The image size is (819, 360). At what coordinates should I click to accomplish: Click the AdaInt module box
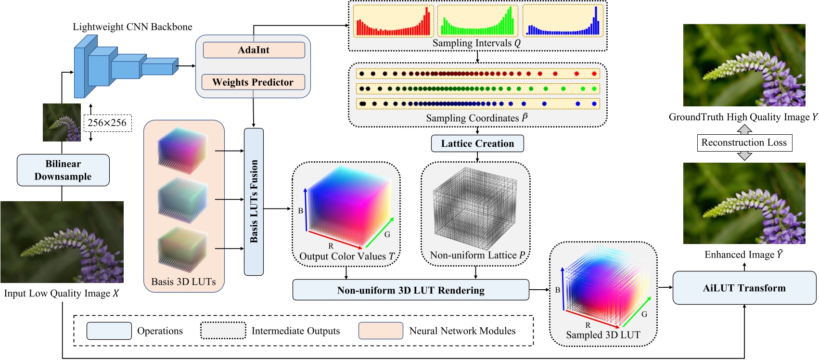(254, 50)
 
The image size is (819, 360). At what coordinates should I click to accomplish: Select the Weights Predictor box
(253, 82)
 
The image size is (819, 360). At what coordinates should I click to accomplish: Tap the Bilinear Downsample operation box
(63, 170)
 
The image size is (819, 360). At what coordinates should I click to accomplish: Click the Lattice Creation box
(477, 143)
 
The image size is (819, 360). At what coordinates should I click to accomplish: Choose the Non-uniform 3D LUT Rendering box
(410, 290)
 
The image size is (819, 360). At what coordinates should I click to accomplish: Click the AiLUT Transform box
(744, 288)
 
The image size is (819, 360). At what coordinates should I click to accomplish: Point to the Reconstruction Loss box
(744, 142)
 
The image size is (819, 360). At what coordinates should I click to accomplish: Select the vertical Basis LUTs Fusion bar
(254, 202)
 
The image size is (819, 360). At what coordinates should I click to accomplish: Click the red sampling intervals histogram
(393, 21)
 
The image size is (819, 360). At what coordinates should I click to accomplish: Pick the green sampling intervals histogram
(477, 21)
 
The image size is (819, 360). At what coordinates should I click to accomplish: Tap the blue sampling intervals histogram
(562, 21)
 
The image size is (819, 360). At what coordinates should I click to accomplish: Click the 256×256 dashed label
(107, 123)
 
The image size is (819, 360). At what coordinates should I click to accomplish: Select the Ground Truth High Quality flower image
(744, 65)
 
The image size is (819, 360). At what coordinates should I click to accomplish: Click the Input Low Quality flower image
(62, 242)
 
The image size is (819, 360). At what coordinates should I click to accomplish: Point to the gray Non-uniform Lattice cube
(475, 209)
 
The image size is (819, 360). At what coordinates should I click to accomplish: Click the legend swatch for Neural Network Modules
(381, 331)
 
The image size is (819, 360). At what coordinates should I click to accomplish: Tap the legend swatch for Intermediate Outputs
(223, 331)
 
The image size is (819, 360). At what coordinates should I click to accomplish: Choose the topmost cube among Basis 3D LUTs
(182, 150)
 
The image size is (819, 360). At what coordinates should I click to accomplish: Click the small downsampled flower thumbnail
(62, 122)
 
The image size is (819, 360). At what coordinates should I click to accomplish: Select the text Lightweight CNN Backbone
(132, 27)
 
